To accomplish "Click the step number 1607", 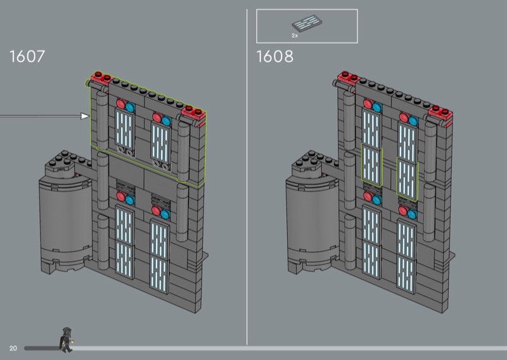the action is click(27, 56).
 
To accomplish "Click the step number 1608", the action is click(275, 56).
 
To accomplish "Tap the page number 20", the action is click(13, 348).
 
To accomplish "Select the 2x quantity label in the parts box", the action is click(295, 35).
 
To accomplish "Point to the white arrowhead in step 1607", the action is click(86, 116).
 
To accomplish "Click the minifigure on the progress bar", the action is click(67, 340).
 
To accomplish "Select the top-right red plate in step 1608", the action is click(440, 112).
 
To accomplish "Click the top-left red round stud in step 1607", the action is click(121, 103).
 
